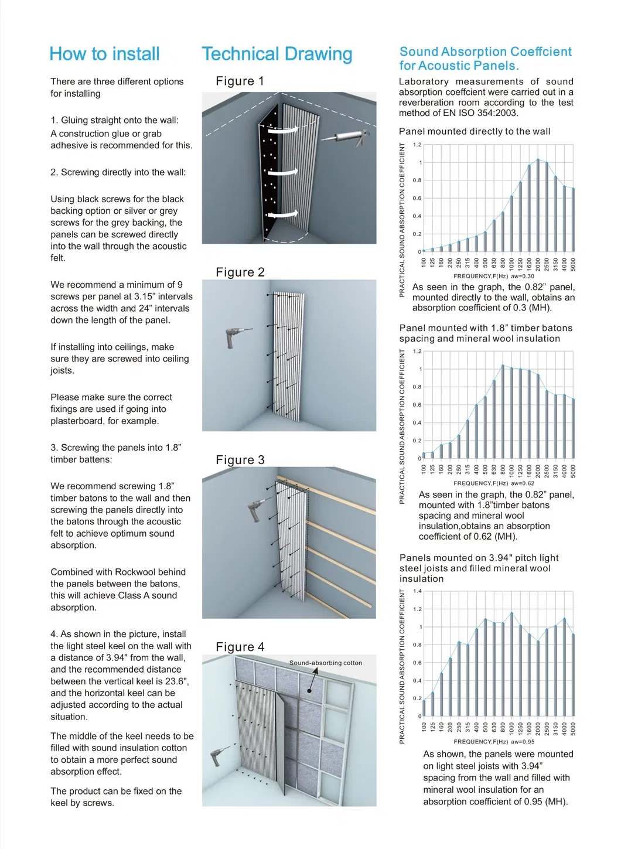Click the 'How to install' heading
tap(104, 54)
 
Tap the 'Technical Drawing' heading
tap(277, 54)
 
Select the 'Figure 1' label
tap(240, 81)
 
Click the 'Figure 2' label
tap(240, 272)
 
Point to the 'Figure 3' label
tap(240, 460)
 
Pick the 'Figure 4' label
tap(240, 647)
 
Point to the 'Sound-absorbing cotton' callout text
tap(325, 663)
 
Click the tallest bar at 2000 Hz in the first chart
tap(538, 205)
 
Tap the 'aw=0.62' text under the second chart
tap(523, 483)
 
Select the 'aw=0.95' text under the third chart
tap(523, 741)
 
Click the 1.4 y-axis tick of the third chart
tap(417, 591)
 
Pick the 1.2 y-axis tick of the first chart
tap(417, 145)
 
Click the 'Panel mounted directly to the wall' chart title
tap(475, 132)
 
